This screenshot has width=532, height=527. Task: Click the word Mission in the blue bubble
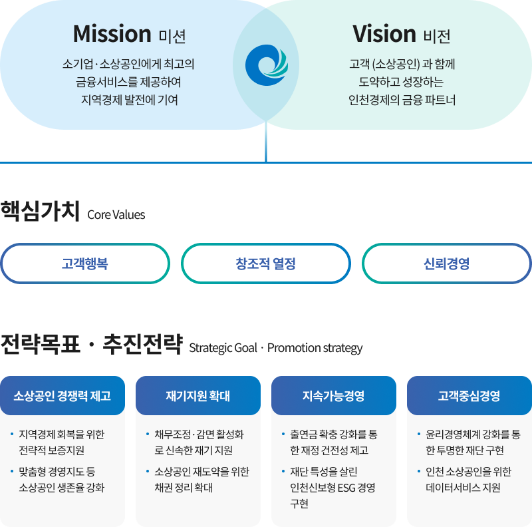(112, 33)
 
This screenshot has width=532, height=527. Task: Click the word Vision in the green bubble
(384, 33)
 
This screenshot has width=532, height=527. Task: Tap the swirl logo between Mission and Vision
(266, 65)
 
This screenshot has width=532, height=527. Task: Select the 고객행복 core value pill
(85, 263)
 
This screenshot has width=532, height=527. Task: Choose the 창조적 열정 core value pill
(266, 263)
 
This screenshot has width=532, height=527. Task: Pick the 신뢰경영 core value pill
(446, 263)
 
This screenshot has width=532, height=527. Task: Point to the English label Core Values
(116, 216)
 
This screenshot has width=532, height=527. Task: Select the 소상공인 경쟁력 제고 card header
(63, 396)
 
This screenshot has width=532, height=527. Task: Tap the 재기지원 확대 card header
(198, 396)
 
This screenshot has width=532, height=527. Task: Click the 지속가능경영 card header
(334, 396)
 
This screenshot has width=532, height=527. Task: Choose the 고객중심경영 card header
(469, 396)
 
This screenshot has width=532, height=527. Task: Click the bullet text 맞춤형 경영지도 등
(57, 472)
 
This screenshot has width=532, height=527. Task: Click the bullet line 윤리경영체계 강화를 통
(473, 435)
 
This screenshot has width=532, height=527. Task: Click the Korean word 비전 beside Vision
(438, 35)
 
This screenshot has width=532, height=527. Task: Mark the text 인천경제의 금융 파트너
(402, 100)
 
